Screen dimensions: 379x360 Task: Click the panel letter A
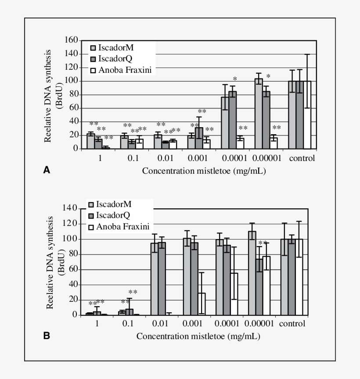[x=47, y=171]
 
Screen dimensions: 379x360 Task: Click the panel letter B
[x=47, y=336]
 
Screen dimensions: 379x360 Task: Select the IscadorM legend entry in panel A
[x=115, y=48]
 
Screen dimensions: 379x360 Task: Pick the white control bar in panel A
[x=307, y=115]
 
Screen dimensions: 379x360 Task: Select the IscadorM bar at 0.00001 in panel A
[x=259, y=114]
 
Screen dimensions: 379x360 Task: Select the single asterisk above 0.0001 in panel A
[x=235, y=79]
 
